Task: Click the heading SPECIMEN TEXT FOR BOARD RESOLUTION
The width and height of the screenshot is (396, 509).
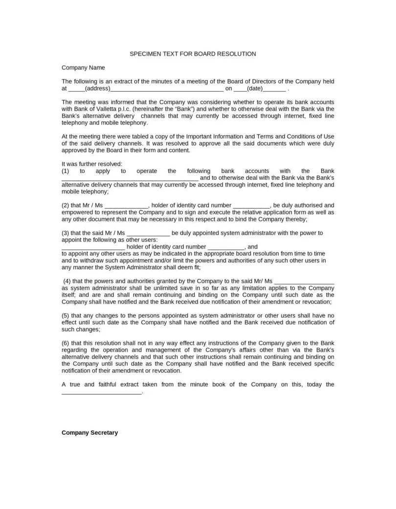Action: (x=193, y=54)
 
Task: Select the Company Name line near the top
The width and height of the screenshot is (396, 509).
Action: (x=83, y=67)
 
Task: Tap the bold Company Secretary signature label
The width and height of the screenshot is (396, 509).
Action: (x=89, y=433)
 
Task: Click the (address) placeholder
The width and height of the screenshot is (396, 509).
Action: (x=97, y=89)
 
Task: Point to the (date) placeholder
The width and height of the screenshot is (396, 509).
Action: (x=255, y=89)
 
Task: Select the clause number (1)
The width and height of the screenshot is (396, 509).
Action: (x=66, y=171)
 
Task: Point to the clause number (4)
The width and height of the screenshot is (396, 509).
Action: (x=67, y=281)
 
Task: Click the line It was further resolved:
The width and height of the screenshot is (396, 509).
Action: (x=92, y=164)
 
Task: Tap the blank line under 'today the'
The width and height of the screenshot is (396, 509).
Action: (x=101, y=392)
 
